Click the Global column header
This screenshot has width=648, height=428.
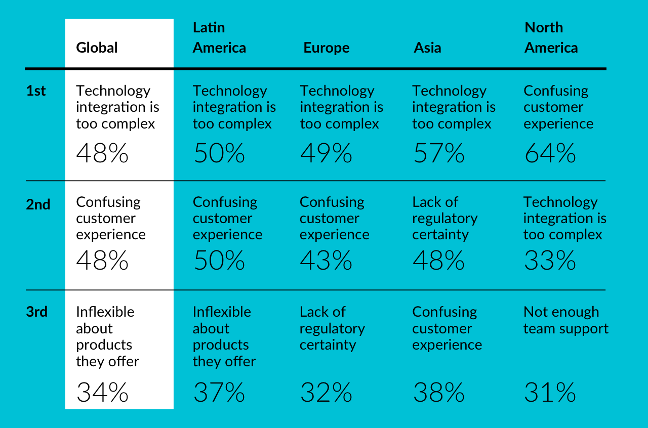point(97,48)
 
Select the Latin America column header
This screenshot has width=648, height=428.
point(219,38)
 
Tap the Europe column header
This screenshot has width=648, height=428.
point(327,48)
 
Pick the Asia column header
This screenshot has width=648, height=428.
point(427,48)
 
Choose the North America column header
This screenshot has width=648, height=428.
point(551,38)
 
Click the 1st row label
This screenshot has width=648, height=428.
point(36,91)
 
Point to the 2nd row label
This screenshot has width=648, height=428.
point(38,204)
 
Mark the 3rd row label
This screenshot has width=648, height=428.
point(37,312)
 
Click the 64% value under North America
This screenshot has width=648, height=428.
point(550,153)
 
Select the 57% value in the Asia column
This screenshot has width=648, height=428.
point(438,153)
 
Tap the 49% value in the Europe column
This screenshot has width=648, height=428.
point(326,153)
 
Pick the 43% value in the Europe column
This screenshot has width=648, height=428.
point(326,261)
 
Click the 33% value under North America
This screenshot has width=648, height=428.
point(550,261)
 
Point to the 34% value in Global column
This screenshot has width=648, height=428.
point(102,393)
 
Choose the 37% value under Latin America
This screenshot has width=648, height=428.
point(219,393)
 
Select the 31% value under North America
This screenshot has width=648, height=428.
point(550,393)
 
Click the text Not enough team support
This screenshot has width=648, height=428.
point(565,320)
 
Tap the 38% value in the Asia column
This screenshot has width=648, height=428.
point(438,393)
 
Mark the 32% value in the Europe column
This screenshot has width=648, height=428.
point(326,393)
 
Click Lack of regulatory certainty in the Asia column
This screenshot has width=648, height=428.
point(444,218)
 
